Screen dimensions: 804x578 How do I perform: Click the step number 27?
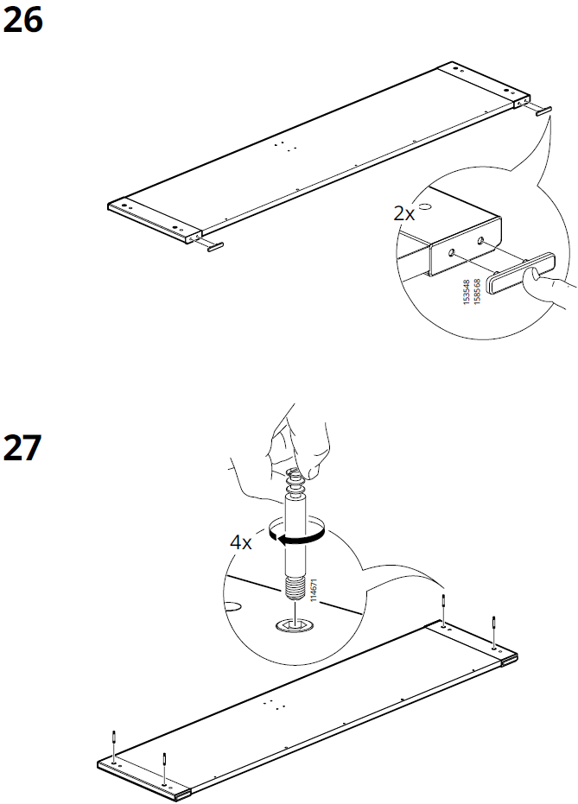click(x=23, y=448)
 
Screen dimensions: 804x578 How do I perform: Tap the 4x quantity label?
click(x=240, y=542)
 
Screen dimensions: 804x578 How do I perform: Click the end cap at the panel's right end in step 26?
click(x=543, y=111)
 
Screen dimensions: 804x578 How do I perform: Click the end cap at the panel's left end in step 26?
click(x=213, y=246)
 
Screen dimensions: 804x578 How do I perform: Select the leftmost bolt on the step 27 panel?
click(x=114, y=743)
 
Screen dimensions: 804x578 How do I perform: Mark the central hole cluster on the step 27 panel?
click(x=276, y=703)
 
